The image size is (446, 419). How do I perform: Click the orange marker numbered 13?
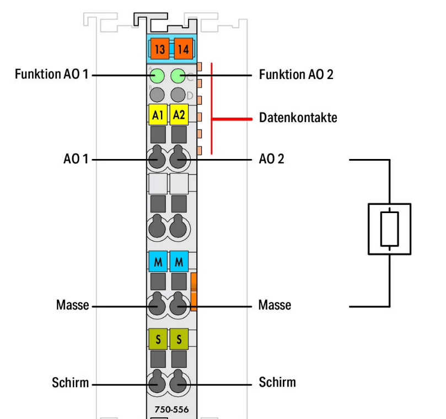click(x=160, y=50)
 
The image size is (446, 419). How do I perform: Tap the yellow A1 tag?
click(x=158, y=115)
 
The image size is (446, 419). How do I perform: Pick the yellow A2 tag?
click(x=179, y=115)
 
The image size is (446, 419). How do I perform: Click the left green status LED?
click(x=158, y=75)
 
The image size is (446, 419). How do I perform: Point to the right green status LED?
click(x=178, y=75)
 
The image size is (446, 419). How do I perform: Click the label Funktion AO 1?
click(x=51, y=75)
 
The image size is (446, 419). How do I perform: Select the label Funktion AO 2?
click(x=296, y=75)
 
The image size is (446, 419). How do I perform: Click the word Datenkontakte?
click(x=298, y=118)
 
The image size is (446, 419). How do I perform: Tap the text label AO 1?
click(x=76, y=160)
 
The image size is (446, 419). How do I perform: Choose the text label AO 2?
click(x=271, y=160)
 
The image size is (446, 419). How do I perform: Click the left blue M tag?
click(x=158, y=262)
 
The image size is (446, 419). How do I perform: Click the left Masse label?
click(x=72, y=305)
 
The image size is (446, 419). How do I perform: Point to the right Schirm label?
click(x=277, y=382)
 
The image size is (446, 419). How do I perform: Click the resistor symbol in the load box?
click(x=389, y=229)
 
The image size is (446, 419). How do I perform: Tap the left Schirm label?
click(x=71, y=382)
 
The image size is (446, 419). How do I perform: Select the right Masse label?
click(x=275, y=305)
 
